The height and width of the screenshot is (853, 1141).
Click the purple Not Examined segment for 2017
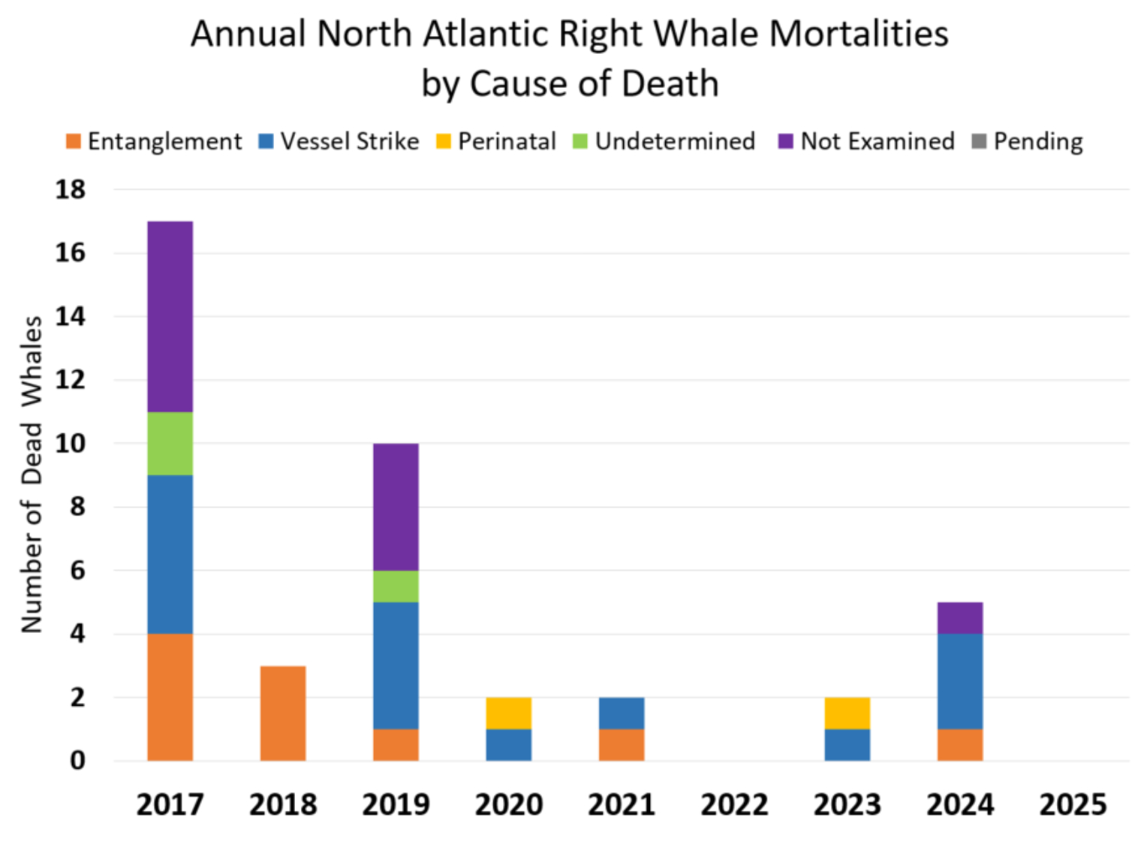click(x=170, y=316)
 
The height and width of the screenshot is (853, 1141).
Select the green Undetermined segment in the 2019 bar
click(x=396, y=586)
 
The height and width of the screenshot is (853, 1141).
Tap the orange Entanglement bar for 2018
click(x=283, y=713)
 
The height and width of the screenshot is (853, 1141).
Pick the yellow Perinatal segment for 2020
click(x=509, y=713)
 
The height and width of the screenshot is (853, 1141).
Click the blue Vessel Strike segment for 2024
click(x=960, y=681)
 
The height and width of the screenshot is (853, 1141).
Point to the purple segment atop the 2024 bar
click(x=960, y=617)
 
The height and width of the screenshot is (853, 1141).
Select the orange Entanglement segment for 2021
click(x=622, y=744)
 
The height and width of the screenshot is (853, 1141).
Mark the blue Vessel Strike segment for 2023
click(x=847, y=744)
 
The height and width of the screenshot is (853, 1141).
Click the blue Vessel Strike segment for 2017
click(x=170, y=554)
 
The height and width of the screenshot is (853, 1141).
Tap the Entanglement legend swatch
click(x=74, y=141)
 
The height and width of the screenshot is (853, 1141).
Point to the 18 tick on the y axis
click(x=71, y=189)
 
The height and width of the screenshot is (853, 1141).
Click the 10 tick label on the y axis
click(x=71, y=443)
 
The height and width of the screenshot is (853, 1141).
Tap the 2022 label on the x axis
click(x=734, y=805)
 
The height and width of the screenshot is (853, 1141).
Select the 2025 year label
click(x=1073, y=805)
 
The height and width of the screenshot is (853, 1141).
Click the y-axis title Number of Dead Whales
click(x=32, y=475)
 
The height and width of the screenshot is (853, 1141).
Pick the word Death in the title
click(x=670, y=83)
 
